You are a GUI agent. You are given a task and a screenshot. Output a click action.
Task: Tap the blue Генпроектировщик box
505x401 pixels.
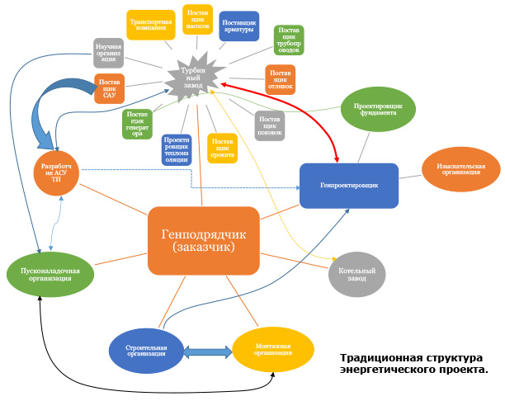(x=349, y=186)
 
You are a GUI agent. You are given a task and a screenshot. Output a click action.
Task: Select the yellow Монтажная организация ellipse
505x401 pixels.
(x=273, y=349)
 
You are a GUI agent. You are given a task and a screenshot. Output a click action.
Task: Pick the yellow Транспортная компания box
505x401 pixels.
(x=149, y=24)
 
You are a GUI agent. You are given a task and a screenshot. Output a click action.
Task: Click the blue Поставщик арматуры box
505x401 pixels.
(x=239, y=26)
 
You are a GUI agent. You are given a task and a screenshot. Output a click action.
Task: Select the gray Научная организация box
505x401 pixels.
(x=108, y=53)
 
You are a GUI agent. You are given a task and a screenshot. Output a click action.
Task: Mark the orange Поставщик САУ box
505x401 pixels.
(x=109, y=88)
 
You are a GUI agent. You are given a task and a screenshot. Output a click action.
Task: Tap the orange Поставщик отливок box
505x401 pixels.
(x=280, y=80)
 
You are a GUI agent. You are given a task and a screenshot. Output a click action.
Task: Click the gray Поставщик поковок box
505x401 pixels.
(x=270, y=124)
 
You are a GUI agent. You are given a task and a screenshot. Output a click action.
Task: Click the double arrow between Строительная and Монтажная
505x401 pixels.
(x=206, y=352)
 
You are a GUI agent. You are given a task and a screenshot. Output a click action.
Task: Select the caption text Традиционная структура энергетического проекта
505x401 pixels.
(x=413, y=364)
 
